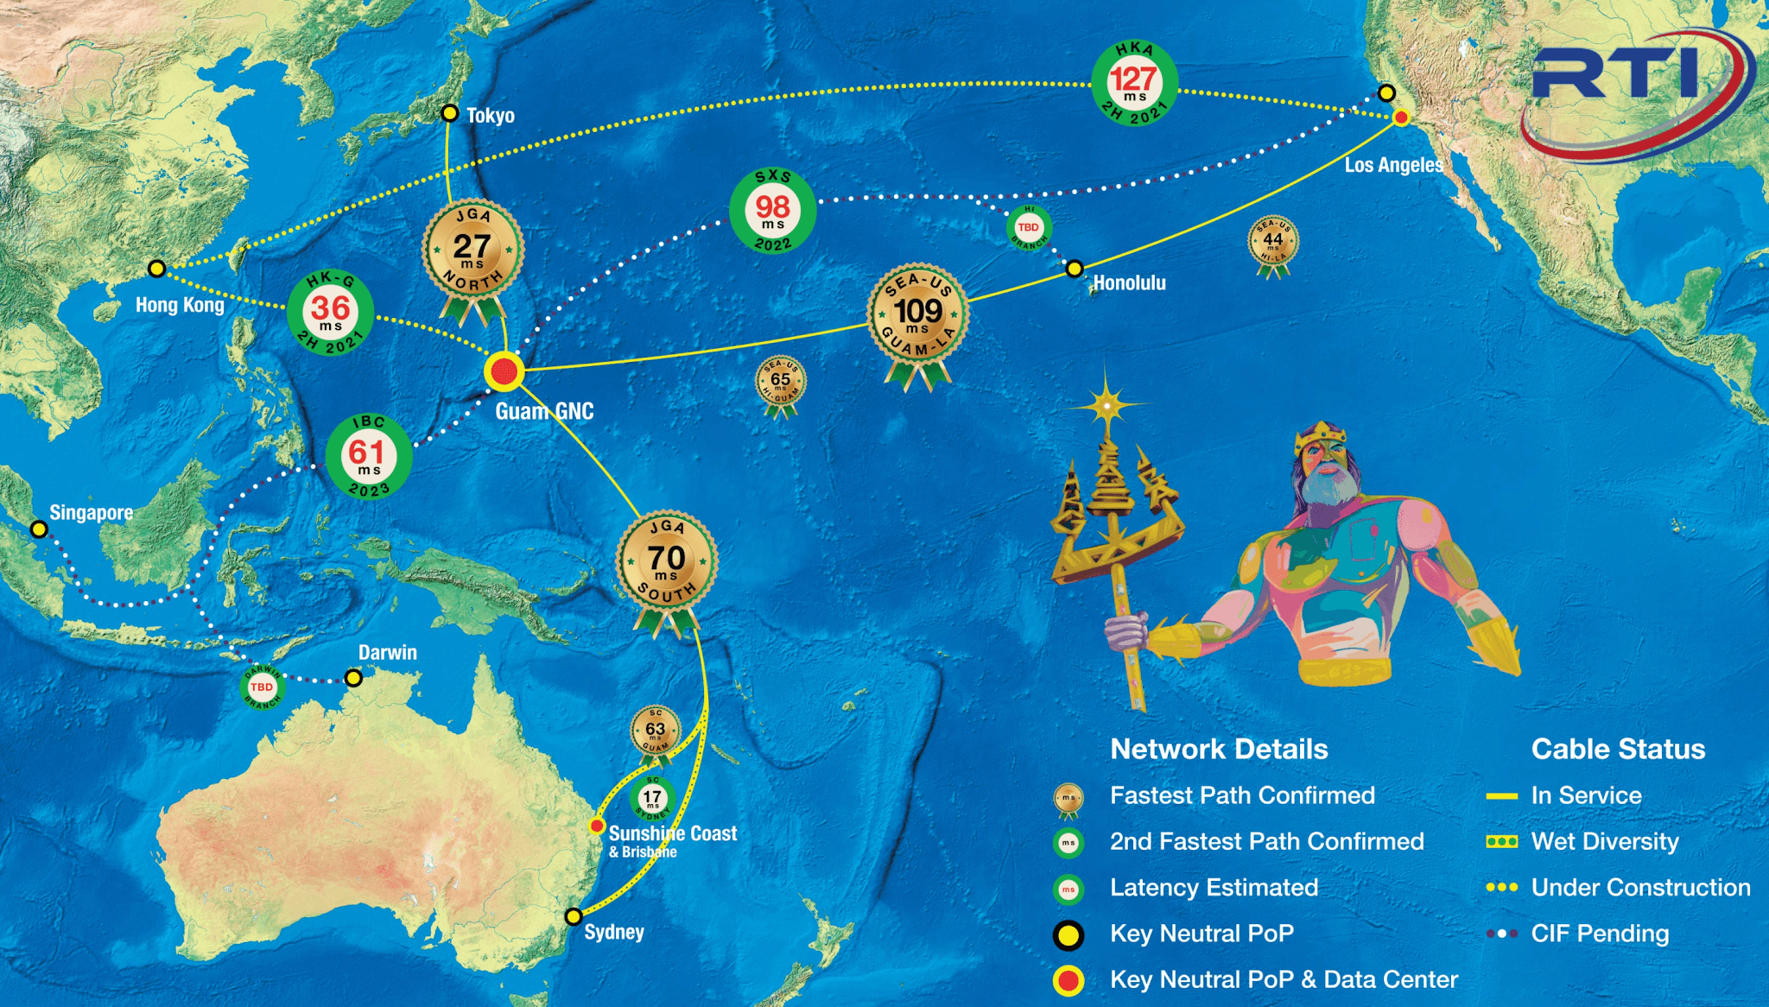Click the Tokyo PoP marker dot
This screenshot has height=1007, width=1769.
[449, 113]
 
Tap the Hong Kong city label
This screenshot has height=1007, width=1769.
[180, 305]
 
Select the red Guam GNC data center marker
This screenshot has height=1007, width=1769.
[504, 372]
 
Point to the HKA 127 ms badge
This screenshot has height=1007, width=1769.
[1134, 83]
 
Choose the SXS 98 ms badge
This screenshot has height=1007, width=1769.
[772, 210]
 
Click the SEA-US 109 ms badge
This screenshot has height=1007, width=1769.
[917, 313]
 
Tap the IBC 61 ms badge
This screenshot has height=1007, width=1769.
[368, 455]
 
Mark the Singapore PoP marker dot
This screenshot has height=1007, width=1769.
[39, 529]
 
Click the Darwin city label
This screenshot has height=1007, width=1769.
[388, 653]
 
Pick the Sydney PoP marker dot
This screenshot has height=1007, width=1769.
[573, 916]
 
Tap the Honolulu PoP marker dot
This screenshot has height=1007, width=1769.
[1074, 269]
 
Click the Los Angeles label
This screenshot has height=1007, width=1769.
[1393, 165]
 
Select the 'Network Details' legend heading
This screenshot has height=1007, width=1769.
[1219, 749]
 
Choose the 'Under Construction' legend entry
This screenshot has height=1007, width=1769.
[1640, 887]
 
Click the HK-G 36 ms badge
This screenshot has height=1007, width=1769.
[331, 312]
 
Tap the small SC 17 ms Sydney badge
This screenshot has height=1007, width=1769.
[652, 798]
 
